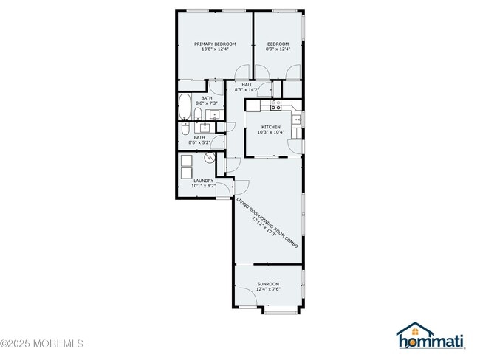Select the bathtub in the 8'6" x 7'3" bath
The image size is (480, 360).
tap(184, 108)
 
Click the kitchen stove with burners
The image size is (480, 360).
tap(253, 104)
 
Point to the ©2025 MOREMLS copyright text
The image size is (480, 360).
tap(42, 344)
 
